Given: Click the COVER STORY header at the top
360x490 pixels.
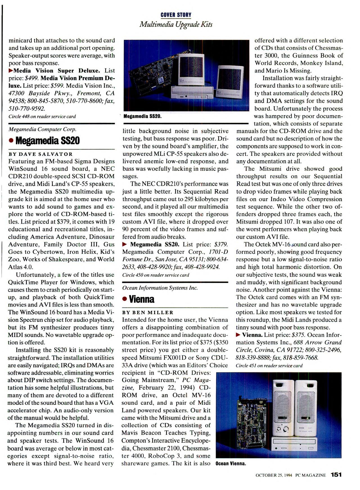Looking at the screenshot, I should [x=176, y=15].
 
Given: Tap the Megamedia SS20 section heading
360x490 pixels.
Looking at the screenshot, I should [x=48, y=141].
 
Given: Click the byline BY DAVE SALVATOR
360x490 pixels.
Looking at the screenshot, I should [x=40, y=154].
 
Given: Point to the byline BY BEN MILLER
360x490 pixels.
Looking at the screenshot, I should [x=148, y=313].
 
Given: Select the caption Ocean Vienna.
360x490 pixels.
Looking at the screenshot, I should [x=231, y=464].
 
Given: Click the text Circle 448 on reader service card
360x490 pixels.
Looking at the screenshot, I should [x=42, y=116].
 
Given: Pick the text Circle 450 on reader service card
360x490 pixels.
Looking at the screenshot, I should [x=156, y=275].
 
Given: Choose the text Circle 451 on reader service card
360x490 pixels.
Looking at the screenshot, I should [x=269, y=366].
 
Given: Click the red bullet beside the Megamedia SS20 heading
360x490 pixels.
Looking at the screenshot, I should [x=11, y=141].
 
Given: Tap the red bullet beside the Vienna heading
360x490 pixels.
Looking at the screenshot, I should [x=125, y=299].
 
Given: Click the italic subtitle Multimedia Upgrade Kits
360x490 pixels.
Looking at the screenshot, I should [x=176, y=24].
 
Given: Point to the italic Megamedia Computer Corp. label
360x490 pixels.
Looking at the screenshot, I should [x=42, y=129].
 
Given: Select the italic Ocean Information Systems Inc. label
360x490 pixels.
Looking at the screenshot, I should [x=160, y=288].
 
